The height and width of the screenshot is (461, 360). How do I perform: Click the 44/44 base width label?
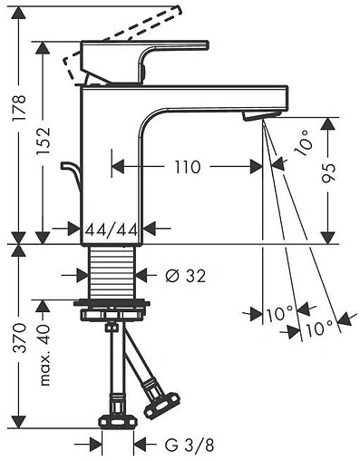tap(111, 230)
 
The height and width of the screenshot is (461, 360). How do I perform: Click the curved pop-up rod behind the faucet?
tap(68, 172)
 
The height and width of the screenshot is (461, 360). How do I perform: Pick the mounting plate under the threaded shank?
tap(112, 312)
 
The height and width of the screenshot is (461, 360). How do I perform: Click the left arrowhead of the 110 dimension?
tap(116, 167)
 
